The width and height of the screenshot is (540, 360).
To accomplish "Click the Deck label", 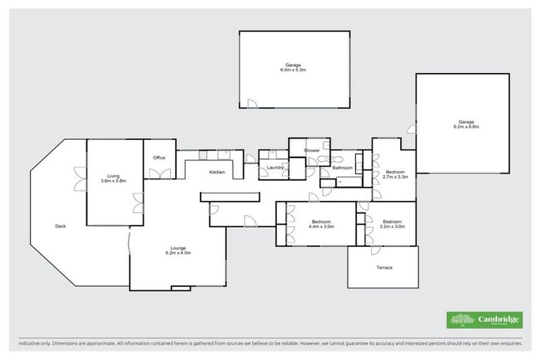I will (61, 226).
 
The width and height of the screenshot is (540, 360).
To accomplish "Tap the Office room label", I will (159, 157).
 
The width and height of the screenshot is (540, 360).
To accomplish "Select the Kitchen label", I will (217, 172).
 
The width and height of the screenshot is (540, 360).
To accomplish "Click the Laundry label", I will (275, 167).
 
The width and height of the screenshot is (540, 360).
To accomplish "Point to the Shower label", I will (311, 150).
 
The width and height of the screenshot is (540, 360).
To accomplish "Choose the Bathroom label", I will (342, 167).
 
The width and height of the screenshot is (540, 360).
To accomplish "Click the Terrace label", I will (384, 268).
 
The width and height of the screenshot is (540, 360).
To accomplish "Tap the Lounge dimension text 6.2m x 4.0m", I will (177, 252).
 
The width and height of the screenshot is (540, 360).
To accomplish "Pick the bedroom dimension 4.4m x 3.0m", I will (321, 226).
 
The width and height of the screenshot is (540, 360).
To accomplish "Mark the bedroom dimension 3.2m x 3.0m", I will (392, 226).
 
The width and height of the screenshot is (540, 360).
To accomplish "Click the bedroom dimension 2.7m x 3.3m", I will (395, 177).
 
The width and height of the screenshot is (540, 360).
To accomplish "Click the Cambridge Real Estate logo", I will (484, 320).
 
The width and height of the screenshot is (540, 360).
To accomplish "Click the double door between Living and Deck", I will (79, 179).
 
